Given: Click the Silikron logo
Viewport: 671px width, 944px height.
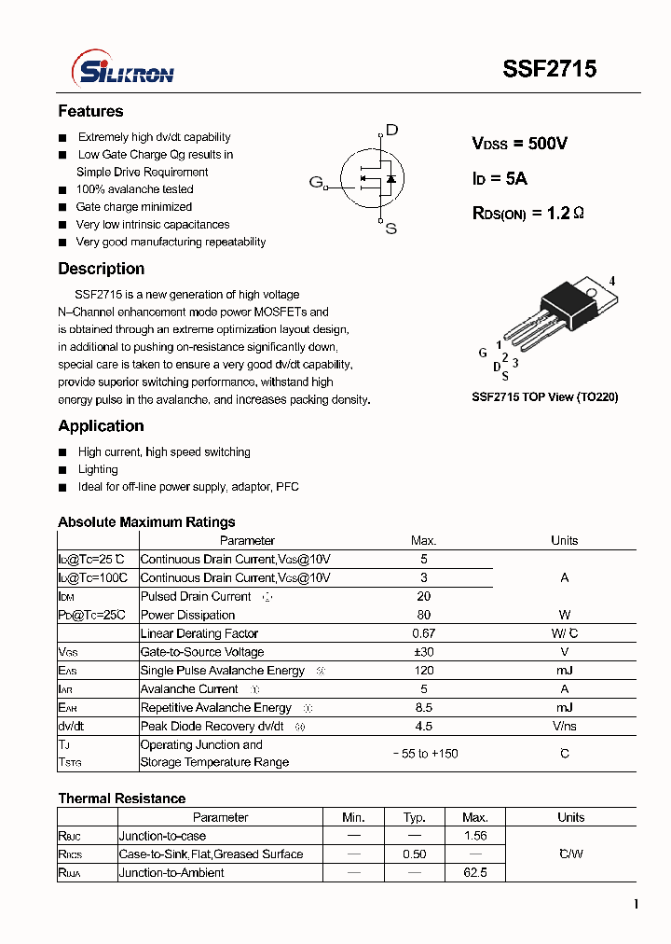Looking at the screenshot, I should pyautogui.click(x=123, y=70).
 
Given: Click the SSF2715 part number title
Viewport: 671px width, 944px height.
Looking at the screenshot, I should pyautogui.click(x=550, y=69).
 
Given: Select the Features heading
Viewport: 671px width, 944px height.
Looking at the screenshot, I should pyautogui.click(x=90, y=111).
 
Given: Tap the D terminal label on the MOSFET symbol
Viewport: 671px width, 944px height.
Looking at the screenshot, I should pyautogui.click(x=391, y=130).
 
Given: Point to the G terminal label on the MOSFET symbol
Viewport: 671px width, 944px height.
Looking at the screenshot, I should pyautogui.click(x=315, y=182).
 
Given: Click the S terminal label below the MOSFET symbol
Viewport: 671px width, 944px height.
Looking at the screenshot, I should pyautogui.click(x=390, y=229).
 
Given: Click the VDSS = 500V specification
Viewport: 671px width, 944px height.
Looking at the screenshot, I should pyautogui.click(x=519, y=144).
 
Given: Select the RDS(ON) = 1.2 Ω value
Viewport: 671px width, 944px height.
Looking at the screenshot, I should pyautogui.click(x=528, y=214).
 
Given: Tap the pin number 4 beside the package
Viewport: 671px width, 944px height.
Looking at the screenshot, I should pyautogui.click(x=612, y=281).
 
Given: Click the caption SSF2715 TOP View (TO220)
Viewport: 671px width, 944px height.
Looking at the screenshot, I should pyautogui.click(x=544, y=396).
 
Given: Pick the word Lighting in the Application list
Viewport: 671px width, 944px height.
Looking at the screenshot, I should pyautogui.click(x=98, y=469).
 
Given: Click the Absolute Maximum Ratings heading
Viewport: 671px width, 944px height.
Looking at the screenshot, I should pyautogui.click(x=146, y=522).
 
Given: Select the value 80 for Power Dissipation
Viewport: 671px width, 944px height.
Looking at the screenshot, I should pyautogui.click(x=424, y=615).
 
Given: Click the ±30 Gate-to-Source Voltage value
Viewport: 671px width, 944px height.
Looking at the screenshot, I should pyautogui.click(x=424, y=652).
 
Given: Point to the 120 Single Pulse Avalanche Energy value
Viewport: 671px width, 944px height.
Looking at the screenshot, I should pyautogui.click(x=424, y=671).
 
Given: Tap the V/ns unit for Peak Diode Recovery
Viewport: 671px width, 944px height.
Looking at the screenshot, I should pyautogui.click(x=564, y=726).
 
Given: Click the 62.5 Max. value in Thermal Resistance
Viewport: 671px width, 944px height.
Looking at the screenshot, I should pyautogui.click(x=474, y=873).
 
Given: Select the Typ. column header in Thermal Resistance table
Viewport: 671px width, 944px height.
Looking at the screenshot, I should pyautogui.click(x=415, y=817).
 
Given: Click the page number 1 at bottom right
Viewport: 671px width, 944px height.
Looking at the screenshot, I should pyautogui.click(x=636, y=904).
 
